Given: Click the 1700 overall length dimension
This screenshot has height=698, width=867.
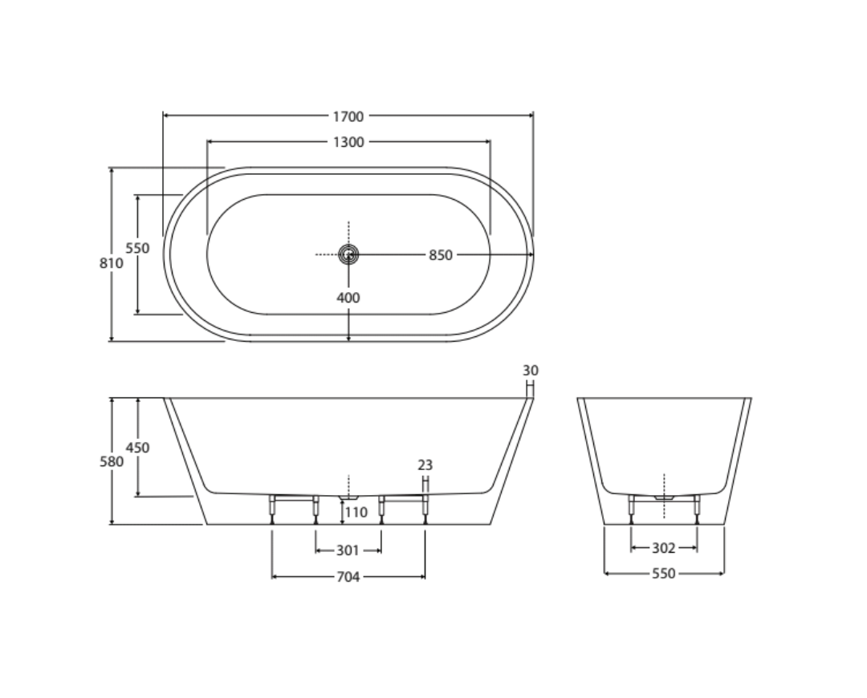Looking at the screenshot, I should click(348, 116).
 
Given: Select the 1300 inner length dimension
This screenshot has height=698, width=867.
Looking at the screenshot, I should click(348, 142).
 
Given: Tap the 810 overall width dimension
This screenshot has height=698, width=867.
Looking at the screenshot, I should click(112, 262).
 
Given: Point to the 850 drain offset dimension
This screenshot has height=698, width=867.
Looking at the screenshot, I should click(440, 255).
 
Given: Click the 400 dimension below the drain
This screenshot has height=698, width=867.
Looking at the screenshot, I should click(348, 298).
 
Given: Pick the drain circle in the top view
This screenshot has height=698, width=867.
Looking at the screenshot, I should click(348, 254).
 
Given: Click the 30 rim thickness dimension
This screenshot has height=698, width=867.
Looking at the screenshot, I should click(530, 371).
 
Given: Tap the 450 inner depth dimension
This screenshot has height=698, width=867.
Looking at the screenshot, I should click(138, 448).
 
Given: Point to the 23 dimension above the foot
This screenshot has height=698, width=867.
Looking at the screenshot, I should click(425, 465).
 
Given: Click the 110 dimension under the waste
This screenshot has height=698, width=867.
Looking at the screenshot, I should click(356, 512).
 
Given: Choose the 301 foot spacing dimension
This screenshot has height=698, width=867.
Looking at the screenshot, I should click(348, 550).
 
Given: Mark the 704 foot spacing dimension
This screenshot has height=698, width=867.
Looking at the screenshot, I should click(348, 576).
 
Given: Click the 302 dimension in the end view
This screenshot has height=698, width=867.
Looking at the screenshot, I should click(663, 549).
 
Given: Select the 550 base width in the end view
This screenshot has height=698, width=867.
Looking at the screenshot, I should click(663, 574).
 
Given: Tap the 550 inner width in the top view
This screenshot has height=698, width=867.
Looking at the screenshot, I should click(138, 248).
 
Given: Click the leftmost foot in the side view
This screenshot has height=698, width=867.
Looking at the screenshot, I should click(273, 509).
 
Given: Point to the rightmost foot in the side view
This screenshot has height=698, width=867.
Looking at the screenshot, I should click(425, 509).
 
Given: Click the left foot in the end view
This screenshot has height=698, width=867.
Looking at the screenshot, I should click(632, 508).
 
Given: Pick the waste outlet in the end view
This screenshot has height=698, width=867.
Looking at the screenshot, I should click(664, 498).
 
